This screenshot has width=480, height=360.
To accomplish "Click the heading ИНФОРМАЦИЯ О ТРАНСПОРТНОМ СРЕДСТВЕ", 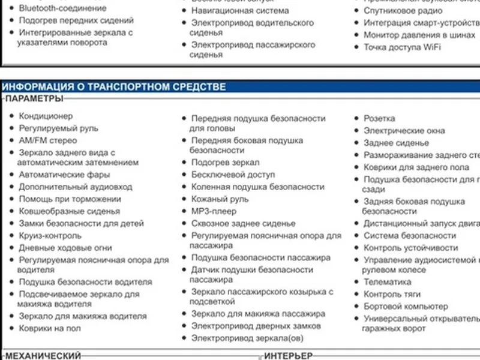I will [114, 87].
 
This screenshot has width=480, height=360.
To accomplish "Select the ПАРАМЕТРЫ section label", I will [34, 98].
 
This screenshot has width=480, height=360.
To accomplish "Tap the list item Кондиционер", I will [46, 116].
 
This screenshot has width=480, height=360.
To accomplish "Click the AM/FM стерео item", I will [48, 140].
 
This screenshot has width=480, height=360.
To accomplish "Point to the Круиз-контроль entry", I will [50, 236].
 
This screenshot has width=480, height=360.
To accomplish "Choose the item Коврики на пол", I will [50, 328].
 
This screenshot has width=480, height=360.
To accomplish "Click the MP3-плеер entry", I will [214, 211].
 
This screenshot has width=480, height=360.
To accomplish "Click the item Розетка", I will [379, 119].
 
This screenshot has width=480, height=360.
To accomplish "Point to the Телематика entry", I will [388, 282].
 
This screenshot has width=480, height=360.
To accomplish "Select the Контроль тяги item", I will [392, 294].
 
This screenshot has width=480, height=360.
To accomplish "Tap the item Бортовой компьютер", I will [406, 306].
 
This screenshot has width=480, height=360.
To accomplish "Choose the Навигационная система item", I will [240, 10].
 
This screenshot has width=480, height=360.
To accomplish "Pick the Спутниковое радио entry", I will [403, 11].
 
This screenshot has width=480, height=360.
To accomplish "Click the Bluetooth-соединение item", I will [62, 8].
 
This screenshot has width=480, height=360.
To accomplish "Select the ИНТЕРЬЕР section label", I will [289, 356].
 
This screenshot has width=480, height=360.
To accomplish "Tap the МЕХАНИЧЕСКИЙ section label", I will [43, 356].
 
